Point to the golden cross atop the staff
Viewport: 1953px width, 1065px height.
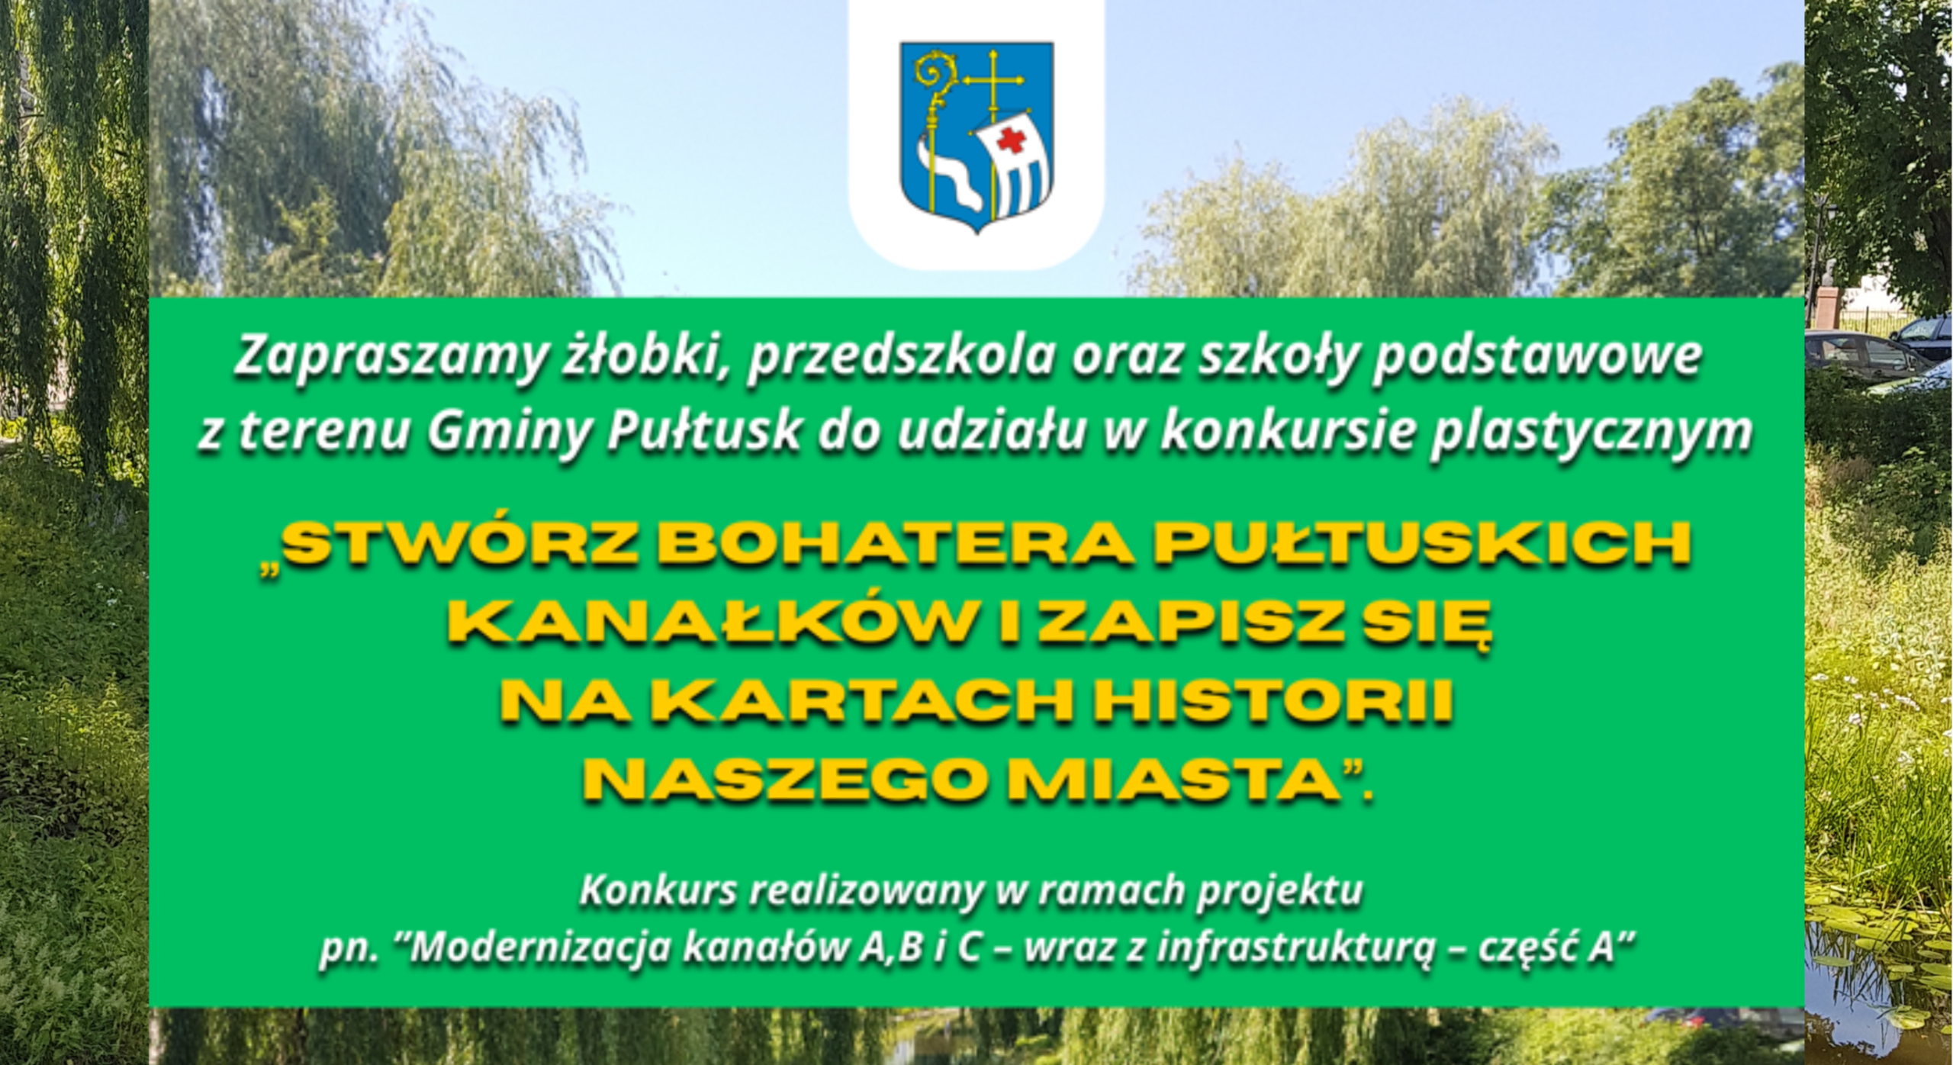coord(994,80)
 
